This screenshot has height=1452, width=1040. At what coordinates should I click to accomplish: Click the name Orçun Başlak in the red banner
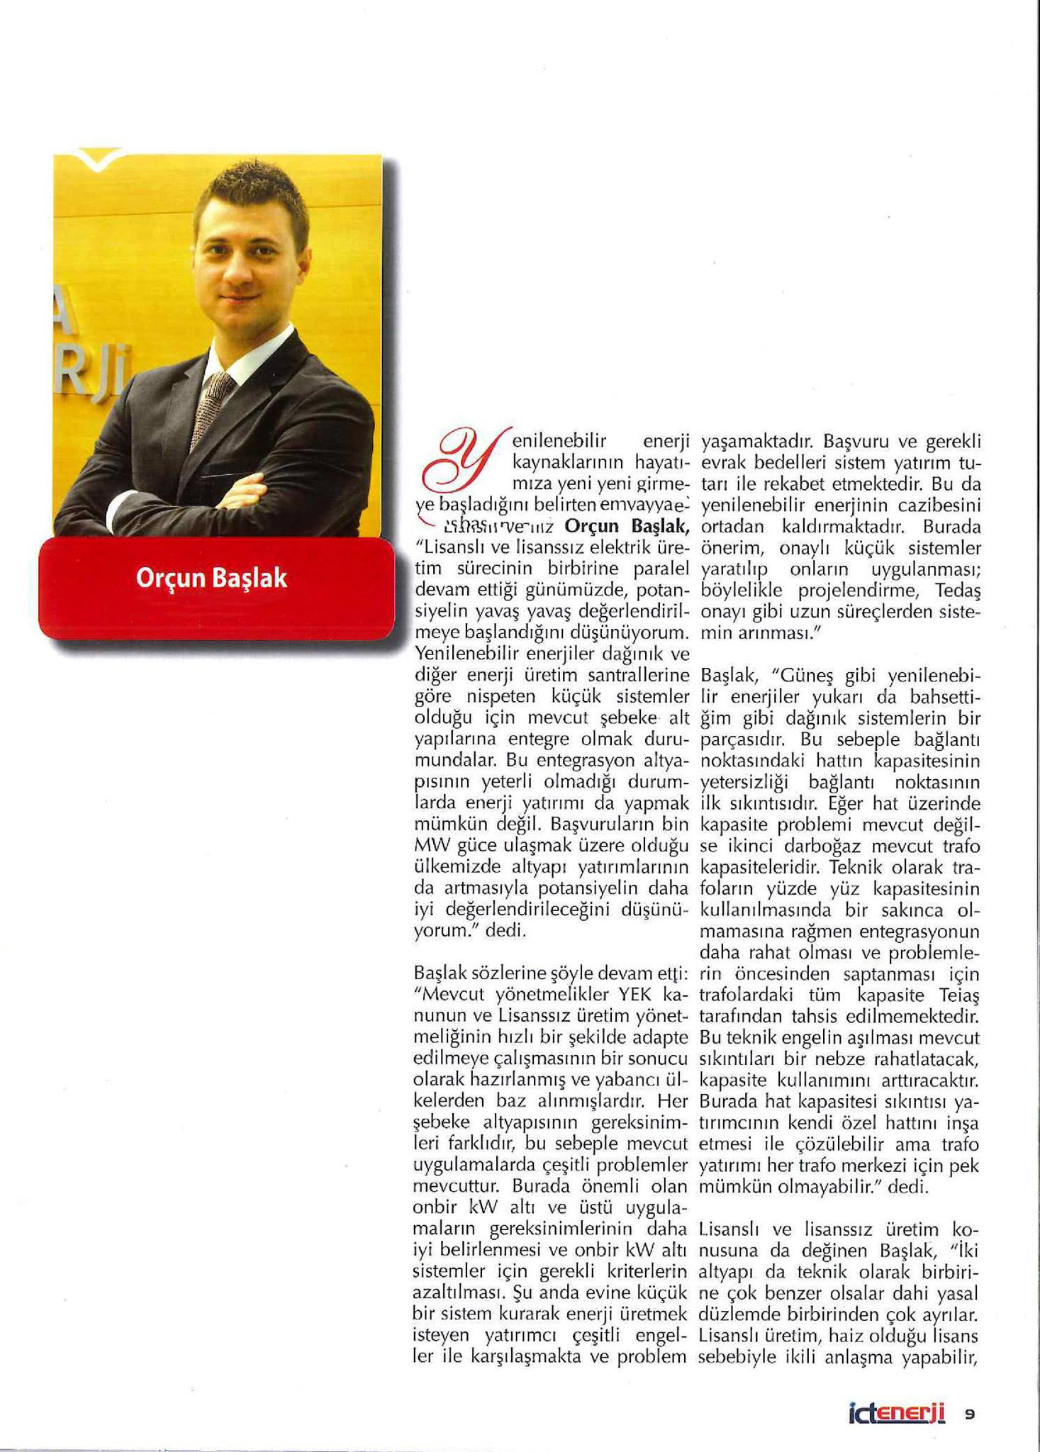(x=211, y=579)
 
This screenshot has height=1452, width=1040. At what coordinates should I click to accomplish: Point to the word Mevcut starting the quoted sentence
(x=449, y=996)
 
